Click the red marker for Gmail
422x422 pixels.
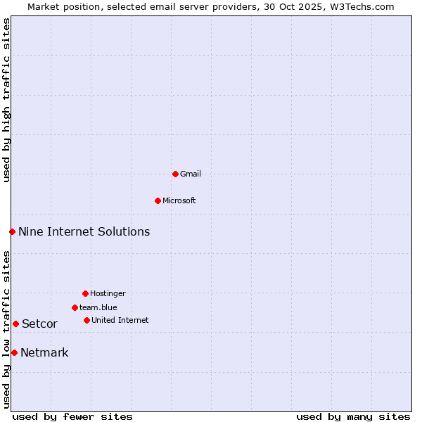pyautogui.click(x=175, y=174)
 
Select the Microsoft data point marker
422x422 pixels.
pyautogui.click(x=158, y=200)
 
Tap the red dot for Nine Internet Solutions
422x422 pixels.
pyautogui.click(x=12, y=231)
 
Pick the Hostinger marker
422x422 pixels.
pyautogui.click(x=85, y=293)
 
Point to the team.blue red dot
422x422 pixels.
pyautogui.click(x=75, y=307)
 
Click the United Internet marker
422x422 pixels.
pyautogui.click(x=87, y=320)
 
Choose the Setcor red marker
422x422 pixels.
pyautogui.click(x=15, y=324)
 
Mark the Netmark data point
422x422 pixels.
pyautogui.click(x=14, y=352)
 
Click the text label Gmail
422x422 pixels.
pyautogui.click(x=191, y=174)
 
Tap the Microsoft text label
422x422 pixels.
pyautogui.click(x=179, y=200)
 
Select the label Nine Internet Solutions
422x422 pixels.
pyautogui.click(x=84, y=231)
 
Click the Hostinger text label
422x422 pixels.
pyautogui.click(x=108, y=293)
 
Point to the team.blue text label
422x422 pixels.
pyautogui.click(x=98, y=307)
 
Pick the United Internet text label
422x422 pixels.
pyautogui.click(x=120, y=320)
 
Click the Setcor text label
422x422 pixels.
pyautogui.click(x=39, y=324)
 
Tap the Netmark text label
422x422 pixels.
pyautogui.click(x=44, y=352)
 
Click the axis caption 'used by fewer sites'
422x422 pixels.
pyautogui.click(x=72, y=416)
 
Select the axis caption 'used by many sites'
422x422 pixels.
pyautogui.click(x=353, y=416)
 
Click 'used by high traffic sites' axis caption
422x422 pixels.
pyautogui.click(x=6, y=100)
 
